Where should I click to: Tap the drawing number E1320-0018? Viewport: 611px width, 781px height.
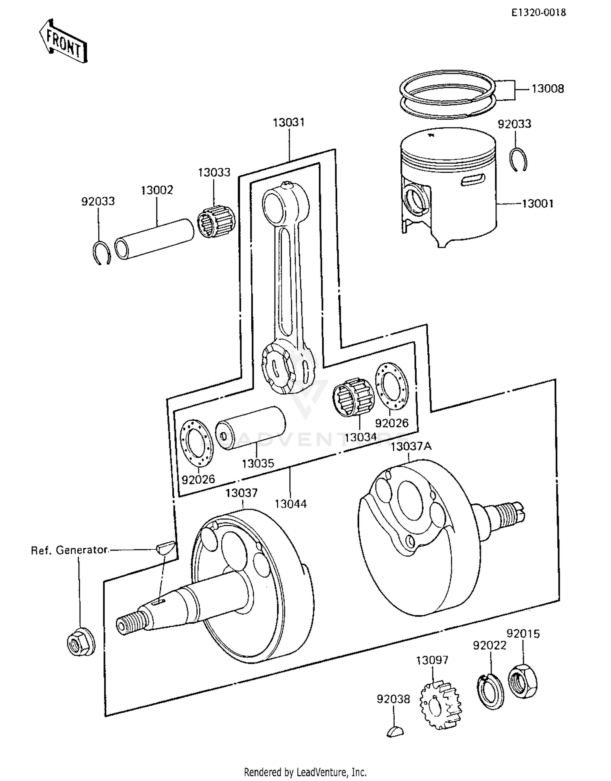point(538,13)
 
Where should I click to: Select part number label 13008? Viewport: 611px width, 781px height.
point(547,89)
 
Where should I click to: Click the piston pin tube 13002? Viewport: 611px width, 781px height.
point(155,239)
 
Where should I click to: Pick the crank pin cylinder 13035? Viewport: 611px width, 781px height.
point(250,428)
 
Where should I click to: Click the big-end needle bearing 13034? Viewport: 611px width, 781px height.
point(351,395)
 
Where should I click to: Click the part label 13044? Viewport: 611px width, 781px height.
point(290,504)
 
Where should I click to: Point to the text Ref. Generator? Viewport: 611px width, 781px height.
point(69,550)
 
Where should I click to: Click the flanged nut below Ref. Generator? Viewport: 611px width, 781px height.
point(81,643)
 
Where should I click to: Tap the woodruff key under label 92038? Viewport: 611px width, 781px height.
point(395,731)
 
